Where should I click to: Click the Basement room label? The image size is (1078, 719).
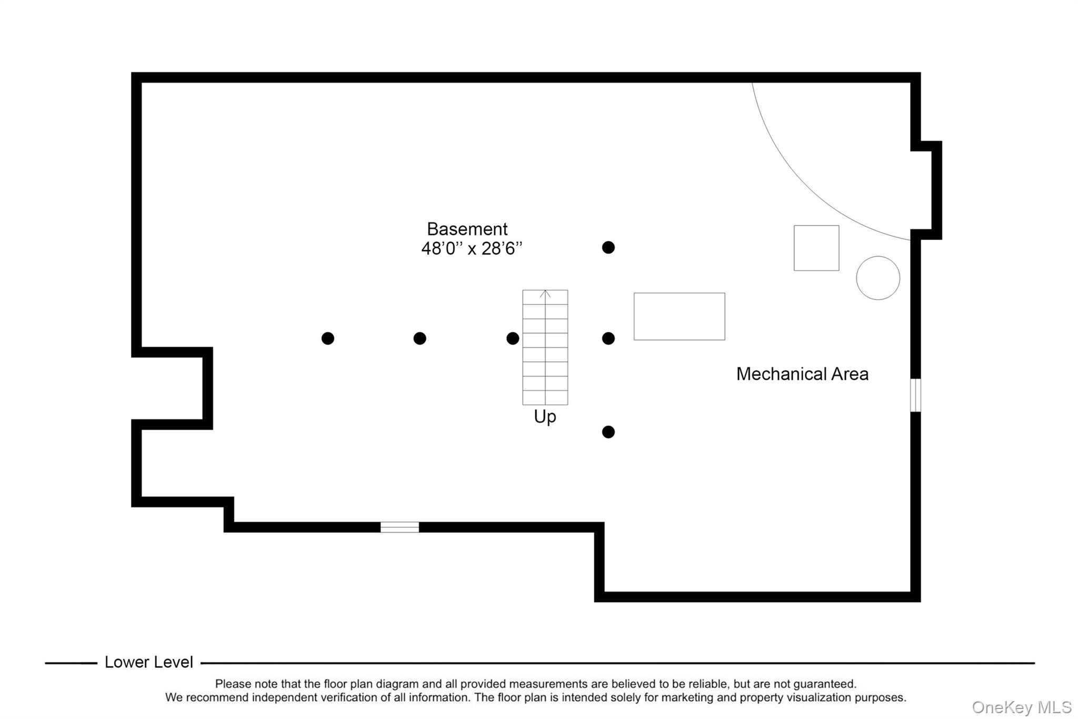pyautogui.click(x=467, y=229)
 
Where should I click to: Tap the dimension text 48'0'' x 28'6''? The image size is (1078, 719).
pyautogui.click(x=472, y=249)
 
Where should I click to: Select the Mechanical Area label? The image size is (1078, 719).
pyautogui.click(x=802, y=374)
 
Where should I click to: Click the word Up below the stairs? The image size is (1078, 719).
pyautogui.click(x=545, y=417)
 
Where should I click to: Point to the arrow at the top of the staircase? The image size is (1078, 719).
pyautogui.click(x=545, y=294)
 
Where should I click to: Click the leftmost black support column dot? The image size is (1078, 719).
pyautogui.click(x=327, y=338)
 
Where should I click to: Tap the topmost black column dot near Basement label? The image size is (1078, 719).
pyautogui.click(x=608, y=248)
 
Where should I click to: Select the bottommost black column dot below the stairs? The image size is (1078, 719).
pyautogui.click(x=608, y=432)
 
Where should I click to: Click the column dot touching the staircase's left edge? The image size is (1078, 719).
pyautogui.click(x=513, y=338)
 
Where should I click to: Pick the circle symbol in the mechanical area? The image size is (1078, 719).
pyautogui.click(x=877, y=278)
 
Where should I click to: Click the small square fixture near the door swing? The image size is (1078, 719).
pyautogui.click(x=816, y=248)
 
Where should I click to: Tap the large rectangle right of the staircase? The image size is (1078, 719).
pyautogui.click(x=679, y=316)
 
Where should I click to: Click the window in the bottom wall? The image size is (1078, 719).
pyautogui.click(x=400, y=527)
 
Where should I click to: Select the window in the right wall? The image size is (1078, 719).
pyautogui.click(x=915, y=395)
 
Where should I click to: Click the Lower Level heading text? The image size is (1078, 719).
pyautogui.click(x=148, y=662)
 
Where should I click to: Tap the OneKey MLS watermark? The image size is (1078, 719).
pyautogui.click(x=1022, y=707)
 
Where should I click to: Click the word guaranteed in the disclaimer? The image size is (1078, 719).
pyautogui.click(x=824, y=684)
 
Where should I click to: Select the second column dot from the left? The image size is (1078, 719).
pyautogui.click(x=420, y=338)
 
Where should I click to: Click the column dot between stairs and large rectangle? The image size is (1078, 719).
pyautogui.click(x=608, y=338)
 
